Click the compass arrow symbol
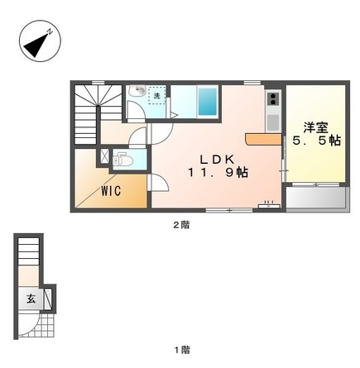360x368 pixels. [x=37, y=44]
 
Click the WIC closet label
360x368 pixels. [x=112, y=191]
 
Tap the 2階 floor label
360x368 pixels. [x=180, y=224]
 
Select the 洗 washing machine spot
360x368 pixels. [x=156, y=97]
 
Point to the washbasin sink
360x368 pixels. [x=137, y=91]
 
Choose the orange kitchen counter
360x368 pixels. [x=265, y=140]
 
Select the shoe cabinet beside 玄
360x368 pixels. [x=48, y=298]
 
